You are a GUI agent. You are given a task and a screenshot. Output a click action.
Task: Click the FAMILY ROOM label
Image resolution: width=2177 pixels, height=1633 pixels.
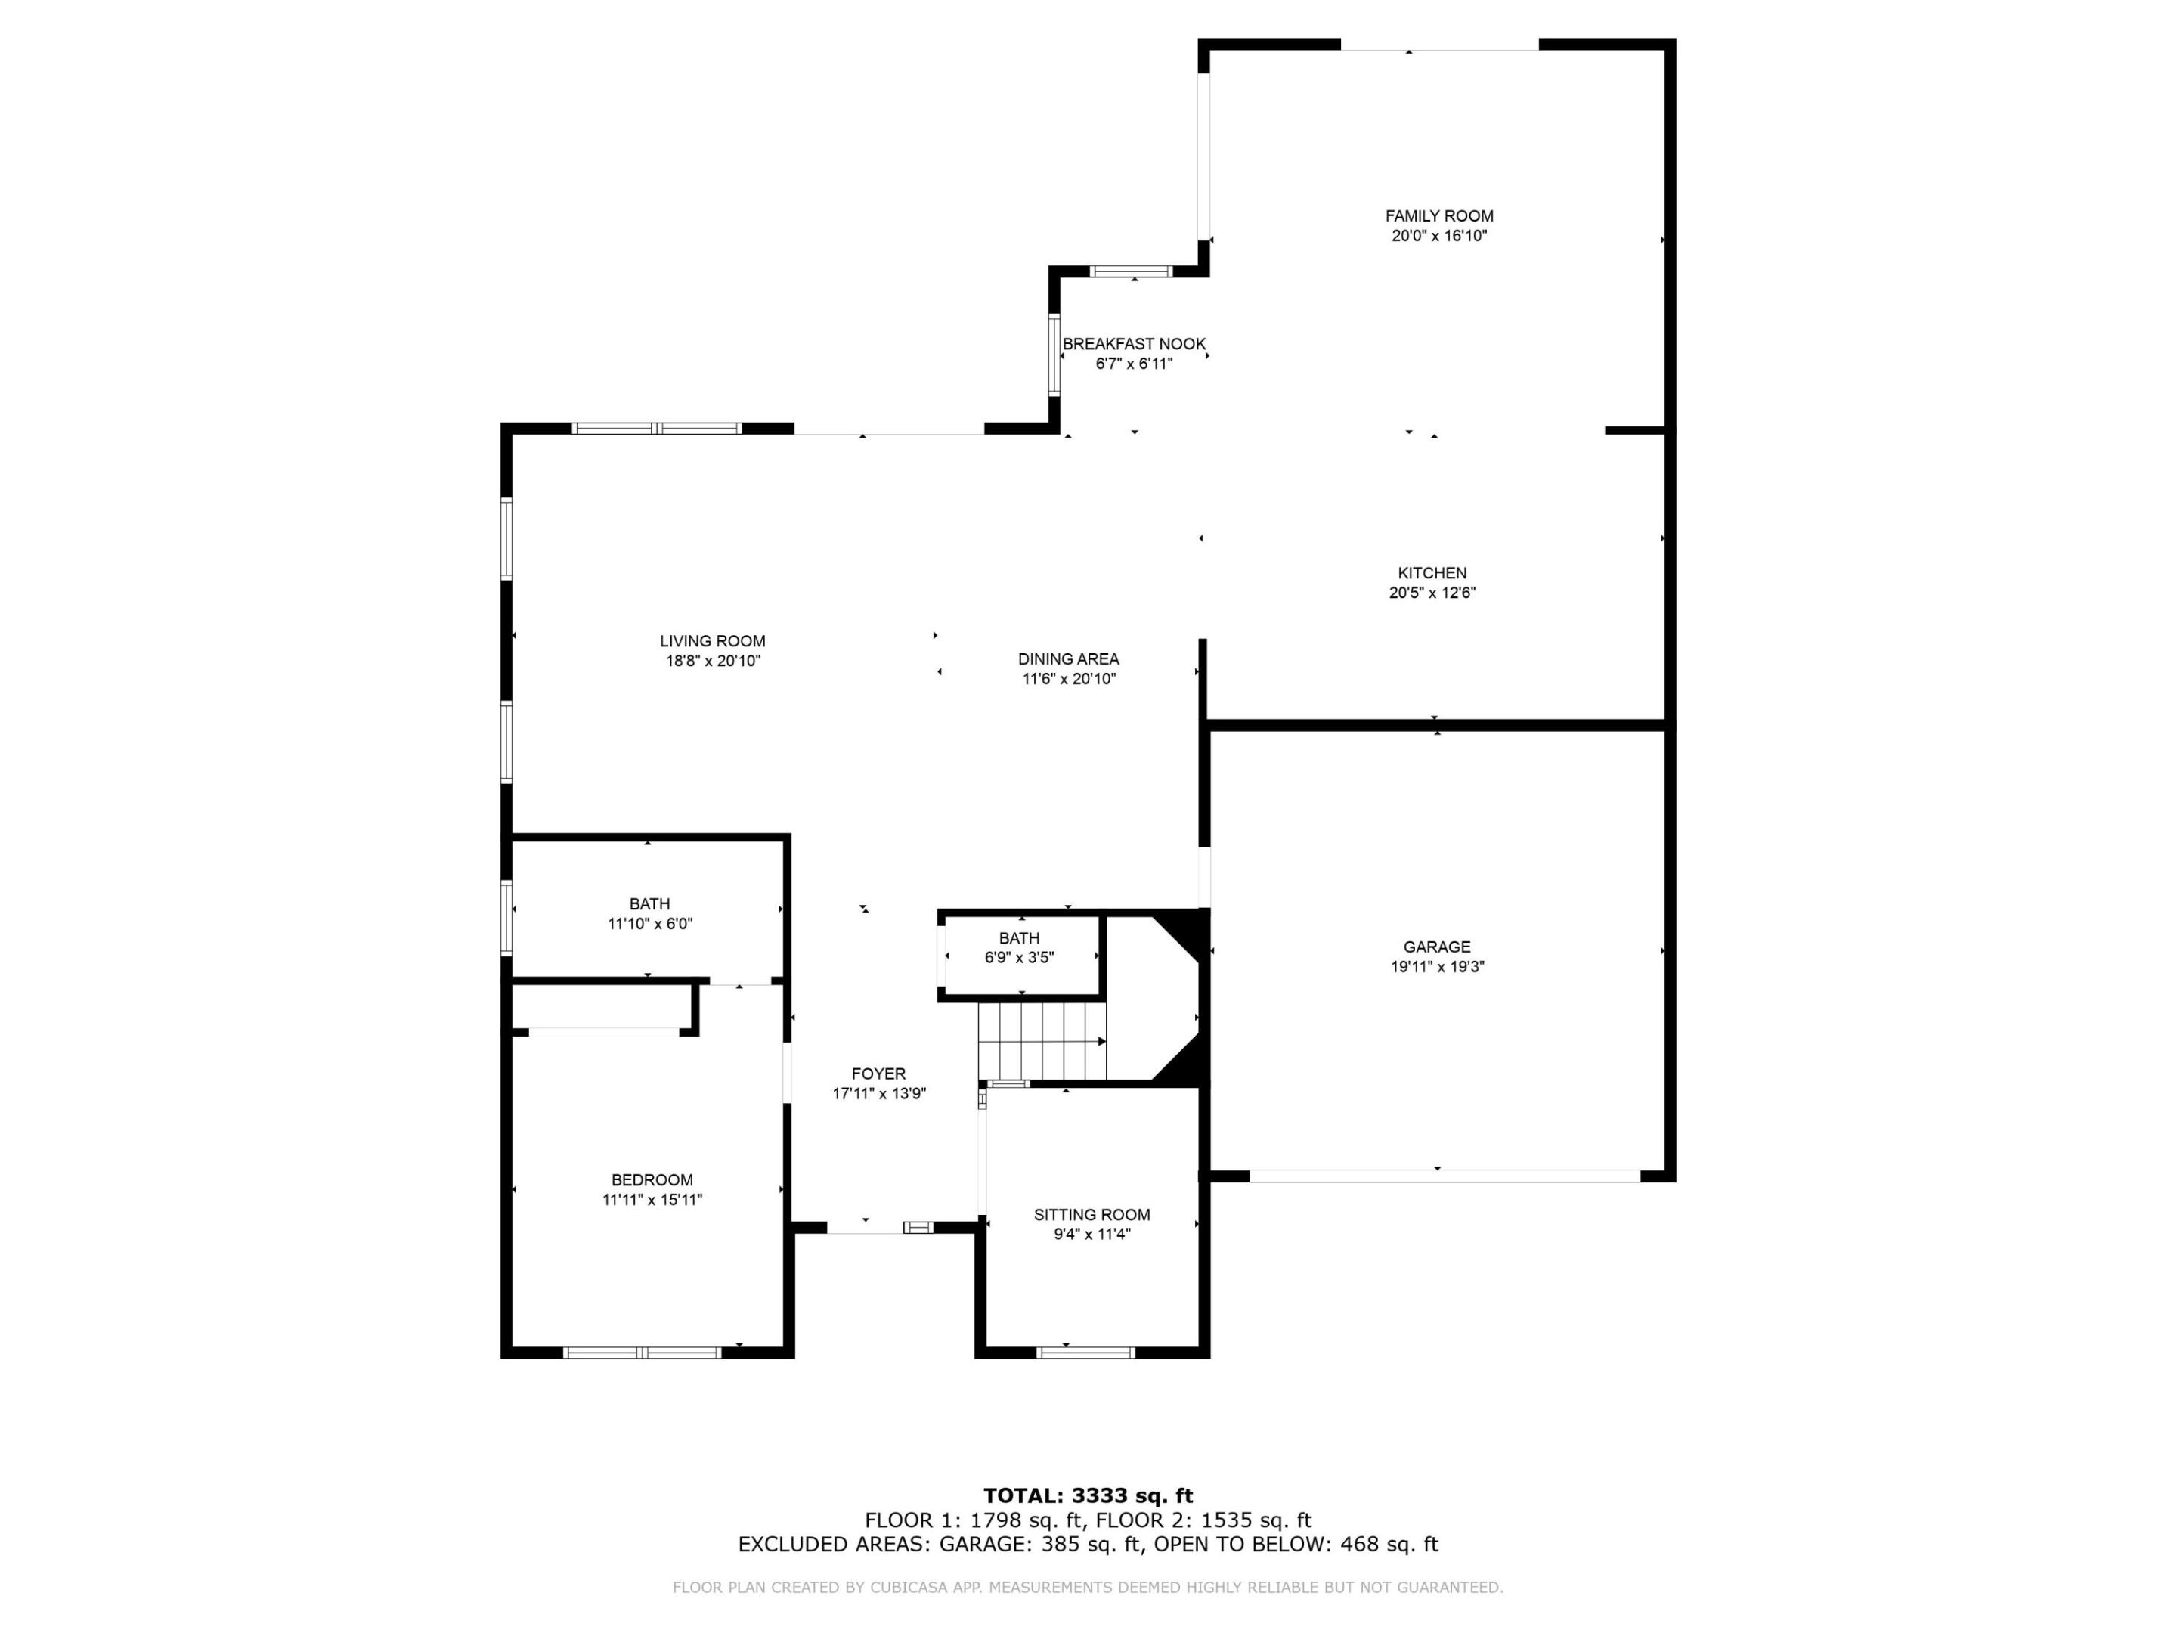pyautogui.click(x=1439, y=215)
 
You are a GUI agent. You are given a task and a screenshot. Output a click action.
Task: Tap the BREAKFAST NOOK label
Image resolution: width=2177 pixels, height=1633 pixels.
pyautogui.click(x=1134, y=343)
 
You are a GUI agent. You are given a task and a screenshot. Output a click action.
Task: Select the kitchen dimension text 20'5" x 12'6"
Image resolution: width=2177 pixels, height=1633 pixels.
pyautogui.click(x=1432, y=593)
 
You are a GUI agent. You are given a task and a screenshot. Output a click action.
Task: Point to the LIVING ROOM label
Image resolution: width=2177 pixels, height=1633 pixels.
pyautogui.click(x=713, y=641)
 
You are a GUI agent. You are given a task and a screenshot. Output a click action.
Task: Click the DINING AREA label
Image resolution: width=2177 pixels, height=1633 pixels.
pyautogui.click(x=1068, y=658)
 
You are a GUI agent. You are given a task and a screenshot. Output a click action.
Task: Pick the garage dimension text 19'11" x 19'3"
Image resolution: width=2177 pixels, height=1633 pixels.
pyautogui.click(x=1437, y=967)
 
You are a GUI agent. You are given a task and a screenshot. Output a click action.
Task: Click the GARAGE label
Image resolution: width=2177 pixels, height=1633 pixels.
pyautogui.click(x=1437, y=947)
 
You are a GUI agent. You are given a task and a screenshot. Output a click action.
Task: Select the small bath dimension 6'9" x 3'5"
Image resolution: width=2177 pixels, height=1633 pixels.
pyautogui.click(x=1019, y=957)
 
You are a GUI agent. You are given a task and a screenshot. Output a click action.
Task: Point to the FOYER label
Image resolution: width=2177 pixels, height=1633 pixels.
pyautogui.click(x=878, y=1074)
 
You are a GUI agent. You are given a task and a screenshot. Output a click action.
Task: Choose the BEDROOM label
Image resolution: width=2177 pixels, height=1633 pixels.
pyautogui.click(x=652, y=1179)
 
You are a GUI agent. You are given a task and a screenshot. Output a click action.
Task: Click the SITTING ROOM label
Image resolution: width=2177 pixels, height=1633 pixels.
pyautogui.click(x=1092, y=1215)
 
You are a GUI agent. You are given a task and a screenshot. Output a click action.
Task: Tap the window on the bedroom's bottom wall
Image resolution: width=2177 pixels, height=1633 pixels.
pyautogui.click(x=642, y=1353)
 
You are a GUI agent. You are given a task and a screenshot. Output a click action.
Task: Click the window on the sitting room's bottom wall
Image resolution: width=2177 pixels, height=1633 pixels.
pyautogui.click(x=1085, y=1353)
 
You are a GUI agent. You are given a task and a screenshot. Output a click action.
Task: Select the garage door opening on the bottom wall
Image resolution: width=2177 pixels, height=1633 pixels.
pyautogui.click(x=1444, y=1176)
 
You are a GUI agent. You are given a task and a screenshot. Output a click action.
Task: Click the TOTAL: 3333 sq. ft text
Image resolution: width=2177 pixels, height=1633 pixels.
pyautogui.click(x=1088, y=1497)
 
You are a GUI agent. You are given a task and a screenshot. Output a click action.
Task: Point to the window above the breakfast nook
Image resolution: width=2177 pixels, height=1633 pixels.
pyautogui.click(x=1131, y=271)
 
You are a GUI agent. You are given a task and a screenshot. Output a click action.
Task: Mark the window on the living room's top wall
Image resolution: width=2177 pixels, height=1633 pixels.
pyautogui.click(x=656, y=428)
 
